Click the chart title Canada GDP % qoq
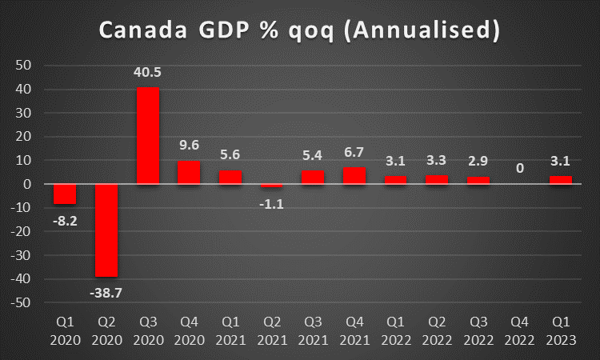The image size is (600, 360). pos(299,30)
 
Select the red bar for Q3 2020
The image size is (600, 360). pos(149,136)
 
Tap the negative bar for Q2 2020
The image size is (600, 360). pos(107,230)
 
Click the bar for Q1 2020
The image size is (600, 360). pos(66,194)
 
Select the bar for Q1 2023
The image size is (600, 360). pos(561,181)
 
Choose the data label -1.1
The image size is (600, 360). pos(272,203)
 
